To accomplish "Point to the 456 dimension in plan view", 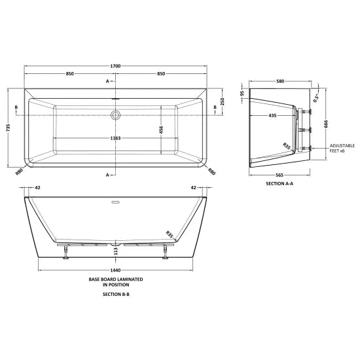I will click(x=162, y=129).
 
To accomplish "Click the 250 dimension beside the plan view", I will click(x=222, y=101).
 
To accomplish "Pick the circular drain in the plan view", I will click(x=117, y=115).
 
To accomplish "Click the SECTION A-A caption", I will click(x=280, y=184).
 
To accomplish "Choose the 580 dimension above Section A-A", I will click(x=280, y=81).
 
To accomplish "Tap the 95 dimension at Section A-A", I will click(x=242, y=94).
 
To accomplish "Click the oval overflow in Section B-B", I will click(x=117, y=202).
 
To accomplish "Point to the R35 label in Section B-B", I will click(x=170, y=232).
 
